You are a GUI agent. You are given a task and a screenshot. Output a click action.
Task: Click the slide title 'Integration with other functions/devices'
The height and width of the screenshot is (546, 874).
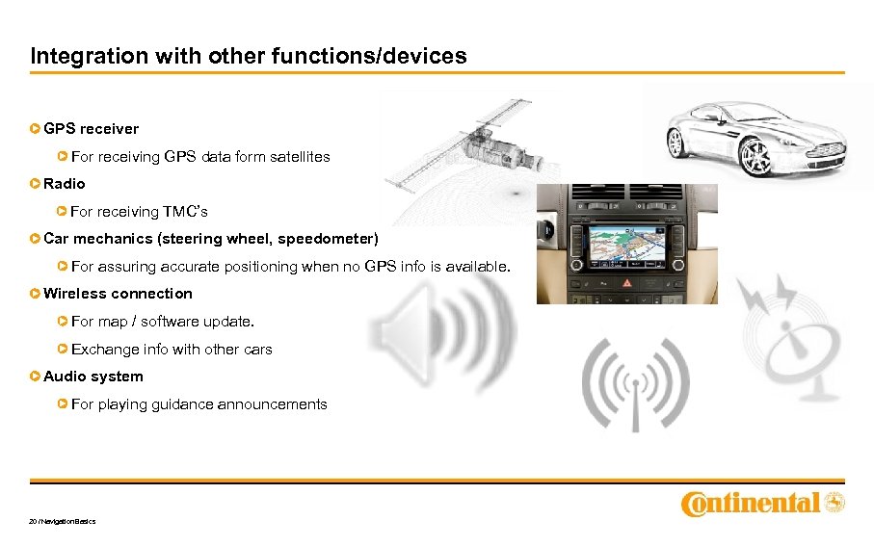coord(249,56)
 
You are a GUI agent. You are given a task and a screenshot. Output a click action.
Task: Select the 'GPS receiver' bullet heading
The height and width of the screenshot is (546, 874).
coord(91,128)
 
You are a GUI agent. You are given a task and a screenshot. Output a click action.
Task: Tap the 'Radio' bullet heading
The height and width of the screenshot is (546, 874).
coord(65,183)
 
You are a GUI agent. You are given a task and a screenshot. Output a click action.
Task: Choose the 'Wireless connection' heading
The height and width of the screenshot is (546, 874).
coord(118,294)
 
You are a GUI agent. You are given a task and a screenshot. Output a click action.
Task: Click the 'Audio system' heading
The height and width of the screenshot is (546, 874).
coord(93,377)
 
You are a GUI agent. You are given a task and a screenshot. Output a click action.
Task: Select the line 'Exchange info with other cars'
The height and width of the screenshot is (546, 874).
coord(172,350)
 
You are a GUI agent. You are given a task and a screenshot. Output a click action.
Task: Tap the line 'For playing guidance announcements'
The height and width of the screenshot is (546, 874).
coord(199,404)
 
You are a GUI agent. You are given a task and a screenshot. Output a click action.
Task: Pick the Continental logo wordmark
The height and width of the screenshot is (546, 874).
coord(751,504)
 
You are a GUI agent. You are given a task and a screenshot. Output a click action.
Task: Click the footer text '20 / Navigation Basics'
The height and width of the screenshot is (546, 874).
coord(63,522)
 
